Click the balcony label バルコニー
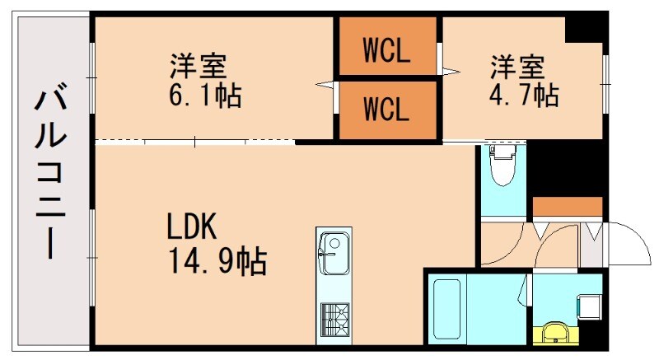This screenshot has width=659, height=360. [50, 175]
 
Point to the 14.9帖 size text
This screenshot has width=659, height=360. [217, 262]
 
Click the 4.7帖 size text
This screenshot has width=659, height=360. [523, 95]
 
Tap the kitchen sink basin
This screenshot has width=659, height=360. [333, 252]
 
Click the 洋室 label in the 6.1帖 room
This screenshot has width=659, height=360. [198, 63]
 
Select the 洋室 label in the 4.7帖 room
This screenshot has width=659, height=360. [517, 63]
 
